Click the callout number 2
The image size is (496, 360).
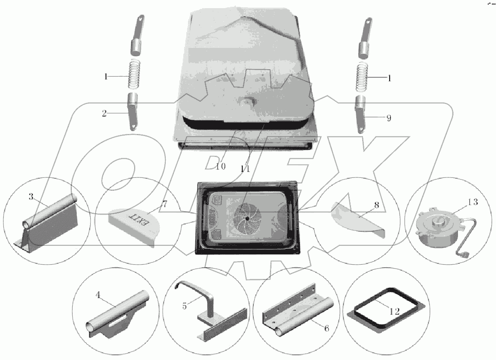coord(104,113)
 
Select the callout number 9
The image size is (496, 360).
coord(389,118)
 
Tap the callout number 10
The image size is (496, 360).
coord(221,166)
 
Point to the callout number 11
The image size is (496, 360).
coord(245,169)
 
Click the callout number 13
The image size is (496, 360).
coord(473,202)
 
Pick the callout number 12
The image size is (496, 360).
coord(394,312)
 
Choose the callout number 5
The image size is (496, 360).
coord(185,306)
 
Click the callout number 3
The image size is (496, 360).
coord(31,197)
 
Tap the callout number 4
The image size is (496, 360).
coord(98,295)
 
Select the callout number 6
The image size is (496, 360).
coord(326,328)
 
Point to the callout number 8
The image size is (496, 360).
coord(376,205)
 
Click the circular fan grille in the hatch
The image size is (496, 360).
coord(247,218)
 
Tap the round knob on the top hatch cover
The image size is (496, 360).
coord(248,103)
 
